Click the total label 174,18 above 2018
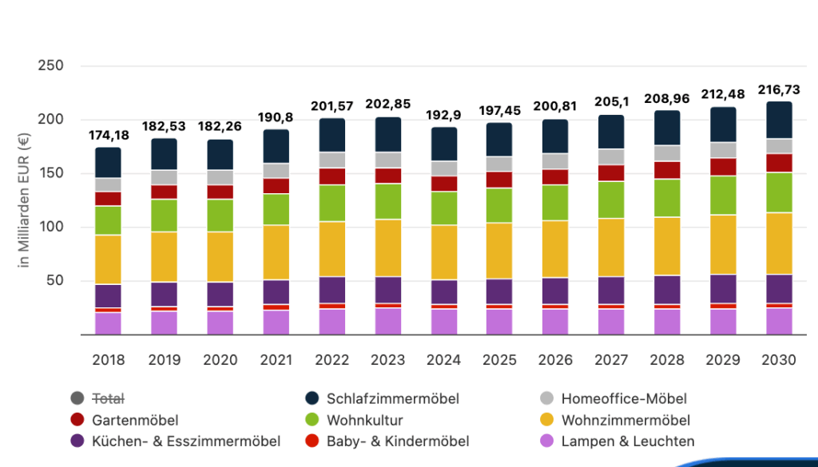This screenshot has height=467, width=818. click(x=108, y=133)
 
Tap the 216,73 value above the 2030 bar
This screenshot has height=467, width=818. click(x=780, y=89)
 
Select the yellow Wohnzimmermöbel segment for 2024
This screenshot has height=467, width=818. click(x=444, y=251)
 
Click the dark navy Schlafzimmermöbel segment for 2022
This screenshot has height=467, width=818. click(x=332, y=135)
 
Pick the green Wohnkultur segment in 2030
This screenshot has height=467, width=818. click(x=780, y=192)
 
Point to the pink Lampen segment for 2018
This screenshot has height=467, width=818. click(x=108, y=323)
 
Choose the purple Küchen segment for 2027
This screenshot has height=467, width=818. click(x=612, y=290)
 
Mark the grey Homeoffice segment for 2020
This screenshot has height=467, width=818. click(x=220, y=177)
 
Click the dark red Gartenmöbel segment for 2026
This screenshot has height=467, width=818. click(x=556, y=176)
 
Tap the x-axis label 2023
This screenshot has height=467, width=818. click(x=388, y=360)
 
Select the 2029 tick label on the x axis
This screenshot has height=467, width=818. click(x=724, y=360)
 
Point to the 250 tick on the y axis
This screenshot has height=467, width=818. click(x=50, y=65)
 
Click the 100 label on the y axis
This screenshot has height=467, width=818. click(x=50, y=227)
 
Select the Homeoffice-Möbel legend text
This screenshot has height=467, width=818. click(x=624, y=398)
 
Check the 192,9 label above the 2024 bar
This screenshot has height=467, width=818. click(x=444, y=115)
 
